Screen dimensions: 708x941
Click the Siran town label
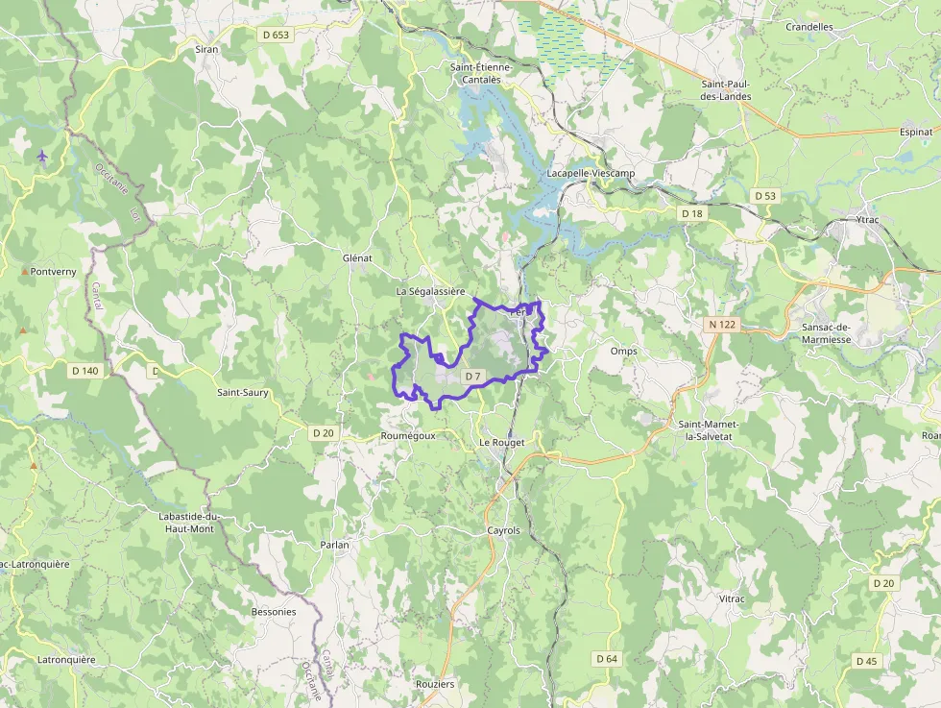pos(206,48)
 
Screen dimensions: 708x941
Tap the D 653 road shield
pos(276,35)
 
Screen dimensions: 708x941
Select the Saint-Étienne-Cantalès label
pos(482,73)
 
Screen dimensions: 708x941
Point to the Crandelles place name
pos(809,27)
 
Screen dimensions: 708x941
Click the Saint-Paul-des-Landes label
pos(725,89)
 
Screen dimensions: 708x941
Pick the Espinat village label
pos(916,131)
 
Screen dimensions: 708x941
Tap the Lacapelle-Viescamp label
pos(591,173)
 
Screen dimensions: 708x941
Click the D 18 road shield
pos(690,212)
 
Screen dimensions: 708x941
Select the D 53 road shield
pos(764,196)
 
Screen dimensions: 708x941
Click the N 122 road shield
pos(721,325)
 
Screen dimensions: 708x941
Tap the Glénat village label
pos(357,258)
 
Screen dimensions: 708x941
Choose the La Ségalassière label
pos(430,291)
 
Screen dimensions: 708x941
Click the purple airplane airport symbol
pos(42,156)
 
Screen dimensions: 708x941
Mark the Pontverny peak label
pos(53,272)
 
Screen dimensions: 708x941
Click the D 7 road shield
pos(472,377)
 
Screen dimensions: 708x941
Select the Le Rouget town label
pos(502,442)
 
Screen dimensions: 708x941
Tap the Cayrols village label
pos(503,530)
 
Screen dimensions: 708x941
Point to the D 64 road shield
pos(606,658)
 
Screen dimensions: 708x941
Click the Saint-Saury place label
pos(242,392)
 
